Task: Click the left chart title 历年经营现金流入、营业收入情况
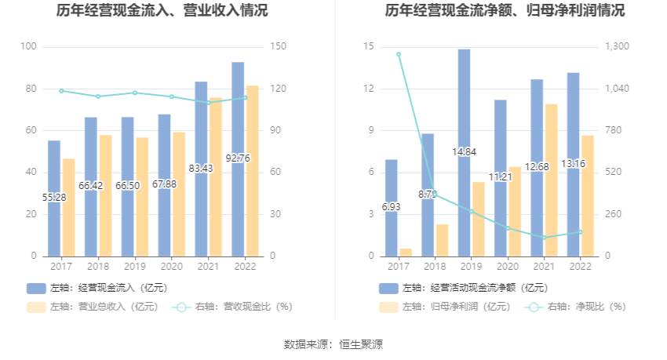[162, 11]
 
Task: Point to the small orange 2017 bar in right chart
[406, 252]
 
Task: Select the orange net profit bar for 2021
[552, 180]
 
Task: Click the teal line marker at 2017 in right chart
[399, 54]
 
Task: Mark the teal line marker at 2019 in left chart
[135, 93]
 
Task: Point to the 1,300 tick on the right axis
[617, 47]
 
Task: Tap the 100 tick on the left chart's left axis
[29, 47]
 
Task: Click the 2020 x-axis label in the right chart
[508, 266]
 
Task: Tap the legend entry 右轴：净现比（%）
[578, 307]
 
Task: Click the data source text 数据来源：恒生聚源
[333, 344]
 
